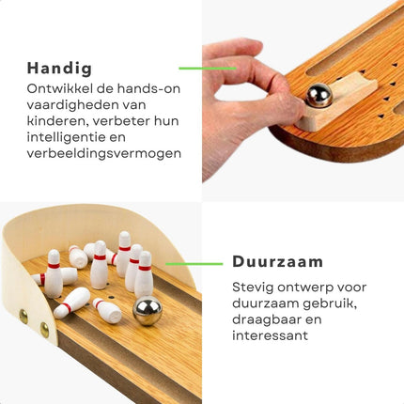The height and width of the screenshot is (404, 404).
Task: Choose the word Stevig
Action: click(254, 287)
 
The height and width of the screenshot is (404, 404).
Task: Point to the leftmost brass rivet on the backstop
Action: click(23, 316)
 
